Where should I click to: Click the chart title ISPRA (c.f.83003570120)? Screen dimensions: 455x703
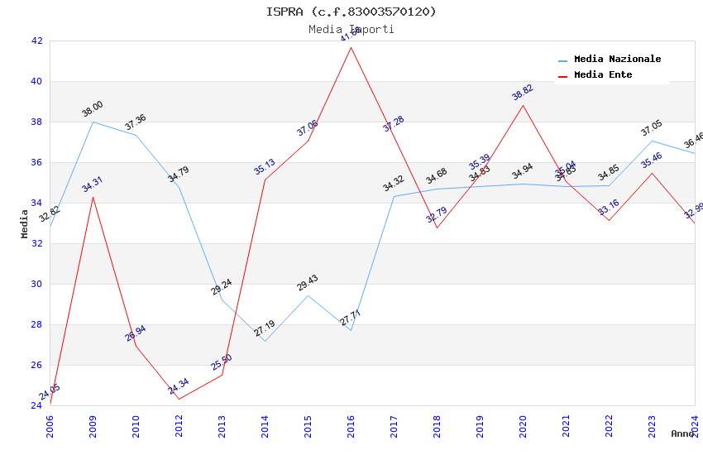click(x=351, y=12)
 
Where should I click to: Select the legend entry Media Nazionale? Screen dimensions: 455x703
click(x=617, y=60)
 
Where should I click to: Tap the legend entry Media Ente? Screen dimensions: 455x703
click(x=602, y=75)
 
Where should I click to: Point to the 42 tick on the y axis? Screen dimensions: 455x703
click(x=36, y=41)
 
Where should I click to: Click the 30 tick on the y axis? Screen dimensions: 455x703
click(x=36, y=284)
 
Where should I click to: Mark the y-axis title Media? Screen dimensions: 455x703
click(x=25, y=223)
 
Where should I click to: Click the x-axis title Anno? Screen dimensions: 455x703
click(x=682, y=433)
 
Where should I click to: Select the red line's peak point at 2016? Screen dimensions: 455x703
click(x=351, y=47)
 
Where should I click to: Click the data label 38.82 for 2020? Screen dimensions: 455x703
click(x=523, y=93)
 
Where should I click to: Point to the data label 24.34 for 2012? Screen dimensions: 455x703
click(x=179, y=386)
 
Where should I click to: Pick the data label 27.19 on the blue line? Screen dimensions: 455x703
click(x=265, y=328)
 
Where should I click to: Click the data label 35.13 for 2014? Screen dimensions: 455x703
click(x=265, y=167)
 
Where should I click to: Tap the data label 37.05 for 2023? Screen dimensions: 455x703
click(x=652, y=128)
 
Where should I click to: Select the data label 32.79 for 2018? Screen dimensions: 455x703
click(x=437, y=215)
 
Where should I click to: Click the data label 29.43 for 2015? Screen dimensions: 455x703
click(x=308, y=283)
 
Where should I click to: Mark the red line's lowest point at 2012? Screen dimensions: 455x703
click(x=179, y=400)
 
